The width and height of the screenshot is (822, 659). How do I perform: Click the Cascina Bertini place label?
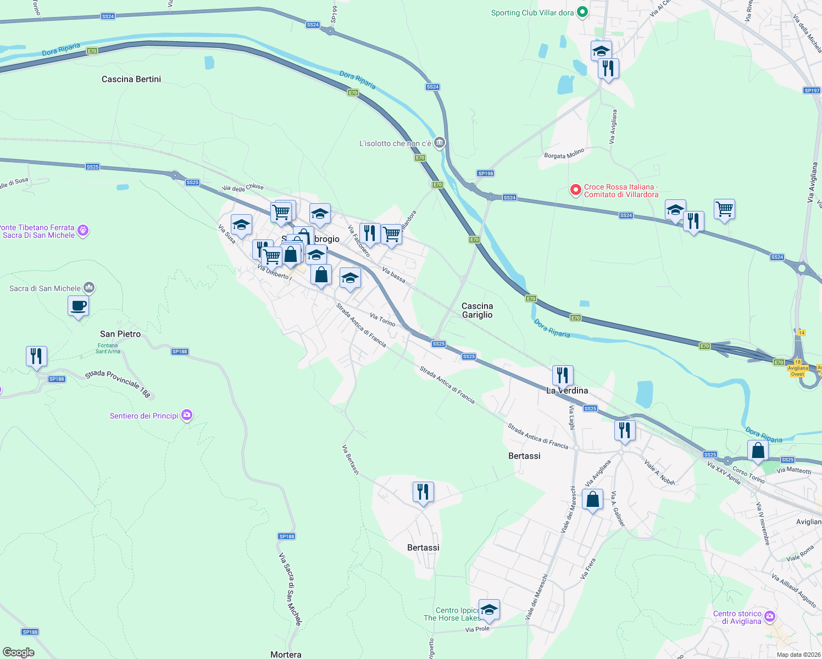[x=131, y=79]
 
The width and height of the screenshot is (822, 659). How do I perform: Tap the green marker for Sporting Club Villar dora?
[x=583, y=12]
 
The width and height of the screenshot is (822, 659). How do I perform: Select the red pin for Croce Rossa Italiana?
[x=575, y=190]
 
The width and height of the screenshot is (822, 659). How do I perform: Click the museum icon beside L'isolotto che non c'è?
[x=439, y=143]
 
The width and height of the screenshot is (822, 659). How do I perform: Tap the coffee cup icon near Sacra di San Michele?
[x=79, y=306]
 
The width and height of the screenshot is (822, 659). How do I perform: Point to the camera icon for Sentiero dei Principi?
[x=187, y=415]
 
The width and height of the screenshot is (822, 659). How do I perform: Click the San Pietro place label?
[x=120, y=334]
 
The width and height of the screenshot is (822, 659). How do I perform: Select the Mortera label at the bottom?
[x=286, y=654]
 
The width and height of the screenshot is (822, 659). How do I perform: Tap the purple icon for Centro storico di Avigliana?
[x=770, y=617]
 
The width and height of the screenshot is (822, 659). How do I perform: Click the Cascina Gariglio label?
[x=477, y=310]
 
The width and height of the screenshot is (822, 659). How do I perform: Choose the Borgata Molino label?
[x=564, y=153]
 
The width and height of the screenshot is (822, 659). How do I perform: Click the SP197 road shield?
[x=811, y=91]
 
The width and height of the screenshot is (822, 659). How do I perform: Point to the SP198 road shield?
[x=485, y=173]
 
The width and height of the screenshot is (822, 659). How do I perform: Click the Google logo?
[x=19, y=652]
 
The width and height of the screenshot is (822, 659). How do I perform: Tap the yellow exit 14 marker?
[x=801, y=333]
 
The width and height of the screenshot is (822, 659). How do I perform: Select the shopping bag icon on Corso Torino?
[x=758, y=451]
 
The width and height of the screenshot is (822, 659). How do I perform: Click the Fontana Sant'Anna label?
[x=108, y=348]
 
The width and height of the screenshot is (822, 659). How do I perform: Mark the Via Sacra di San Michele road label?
[x=290, y=589]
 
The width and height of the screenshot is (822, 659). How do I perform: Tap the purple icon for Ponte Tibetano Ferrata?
[x=83, y=231]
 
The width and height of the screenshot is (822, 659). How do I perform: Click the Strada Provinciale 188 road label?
[x=118, y=383]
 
